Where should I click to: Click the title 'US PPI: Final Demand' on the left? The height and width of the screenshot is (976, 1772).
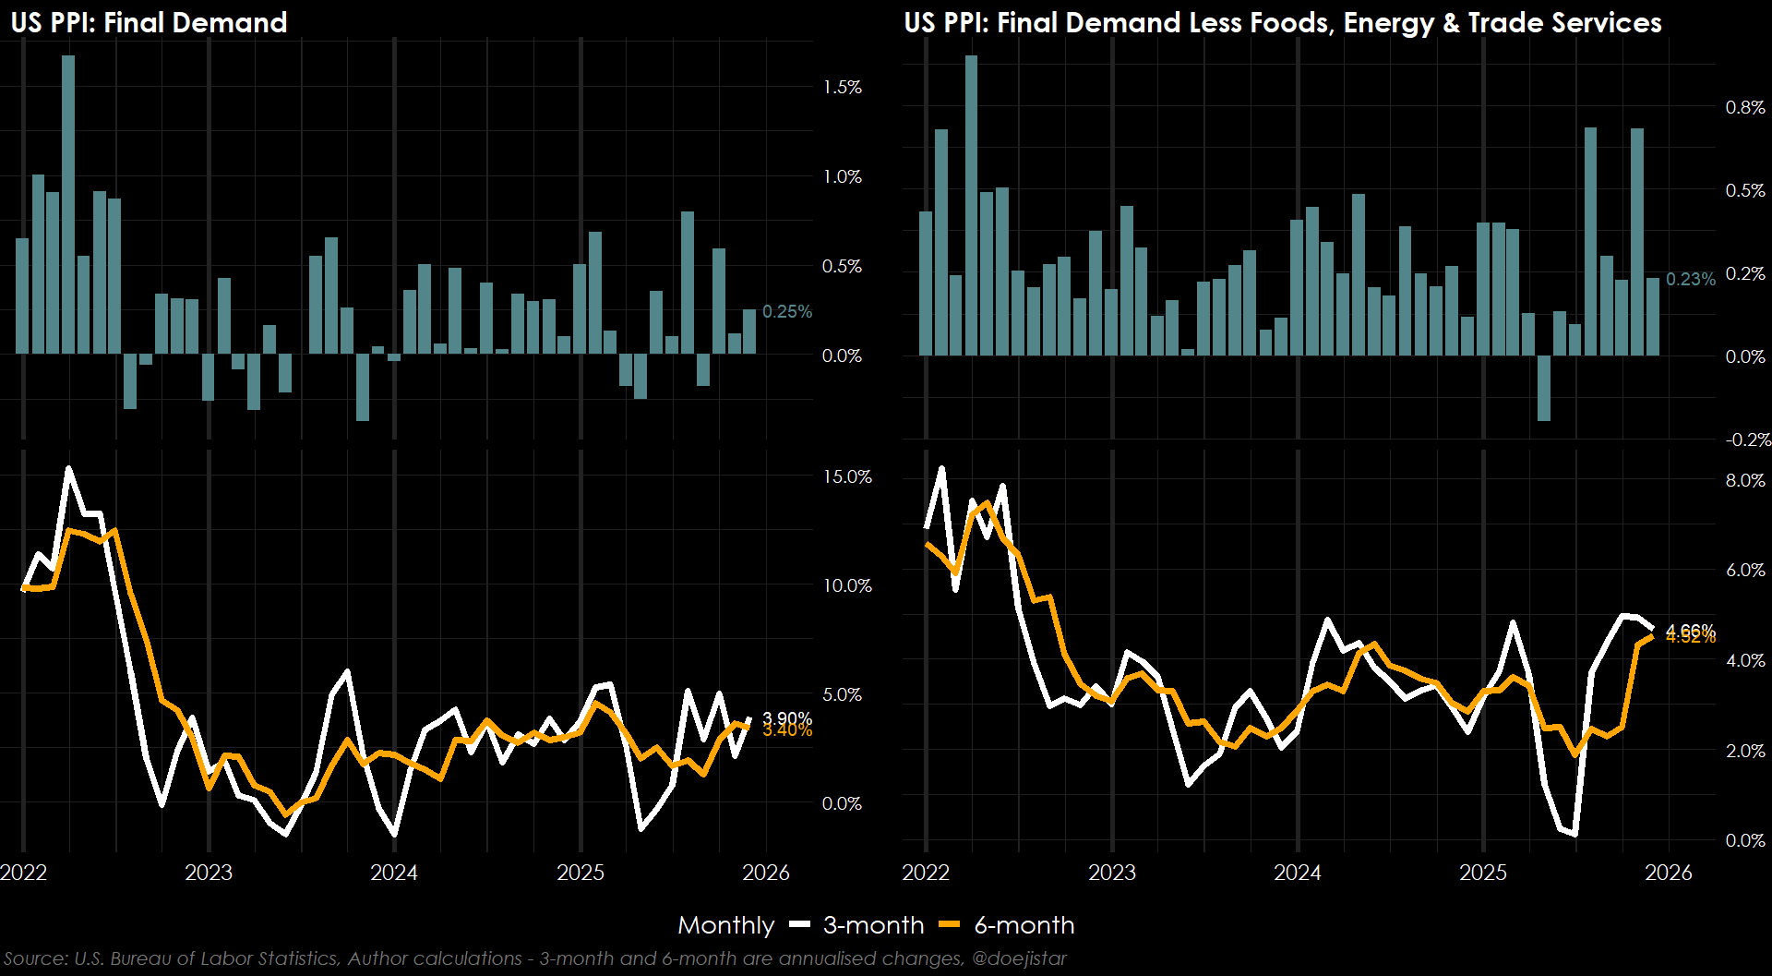pos(149,22)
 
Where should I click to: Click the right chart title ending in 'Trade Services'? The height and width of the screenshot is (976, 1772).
pos(1283,22)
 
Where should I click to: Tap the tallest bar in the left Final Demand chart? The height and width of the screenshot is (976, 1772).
pos(68,204)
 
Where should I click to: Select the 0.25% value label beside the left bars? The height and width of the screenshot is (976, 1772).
pos(786,312)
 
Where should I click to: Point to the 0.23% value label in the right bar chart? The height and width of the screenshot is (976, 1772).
pos(1690,279)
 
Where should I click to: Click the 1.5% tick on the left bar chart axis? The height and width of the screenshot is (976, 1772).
pos(842,88)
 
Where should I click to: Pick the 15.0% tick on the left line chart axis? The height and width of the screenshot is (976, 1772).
pos(847,476)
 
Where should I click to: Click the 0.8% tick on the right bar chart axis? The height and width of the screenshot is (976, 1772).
pos(1744,108)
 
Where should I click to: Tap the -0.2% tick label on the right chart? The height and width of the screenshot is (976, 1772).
pos(1747,440)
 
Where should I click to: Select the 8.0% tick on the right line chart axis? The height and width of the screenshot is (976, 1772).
pos(1744,480)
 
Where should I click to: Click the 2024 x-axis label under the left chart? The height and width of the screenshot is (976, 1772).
pos(394,873)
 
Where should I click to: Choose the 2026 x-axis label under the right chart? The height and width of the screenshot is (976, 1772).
pos(1668,873)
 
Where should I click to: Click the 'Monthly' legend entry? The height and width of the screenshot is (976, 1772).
pos(725,925)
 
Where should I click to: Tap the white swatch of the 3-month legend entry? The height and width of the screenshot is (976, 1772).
pos(800,924)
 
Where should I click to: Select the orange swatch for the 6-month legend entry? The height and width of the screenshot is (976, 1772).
pos(950,924)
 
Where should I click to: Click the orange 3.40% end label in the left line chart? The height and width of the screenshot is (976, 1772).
pos(787,731)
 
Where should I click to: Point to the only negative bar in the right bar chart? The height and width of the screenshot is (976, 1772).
pos(1544,388)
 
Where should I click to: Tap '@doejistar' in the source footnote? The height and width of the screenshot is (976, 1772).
pos(1019,958)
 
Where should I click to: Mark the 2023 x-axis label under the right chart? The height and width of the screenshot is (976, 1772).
pos(1111,873)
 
